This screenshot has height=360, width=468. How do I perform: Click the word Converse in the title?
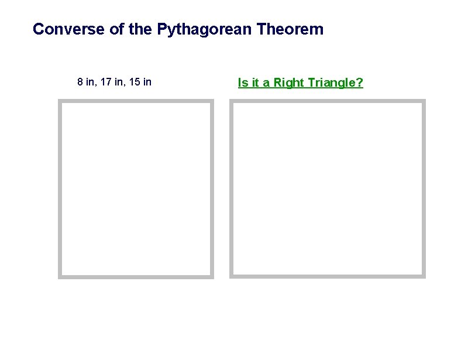coord(69,29)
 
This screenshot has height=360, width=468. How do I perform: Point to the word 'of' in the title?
coord(116,29)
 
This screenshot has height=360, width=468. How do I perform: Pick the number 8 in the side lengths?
coord(80,82)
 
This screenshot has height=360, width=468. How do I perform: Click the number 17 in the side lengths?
coord(105,82)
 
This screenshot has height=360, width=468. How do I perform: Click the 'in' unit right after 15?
coord(147,82)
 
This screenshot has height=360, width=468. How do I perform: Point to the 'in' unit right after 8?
coord(90,82)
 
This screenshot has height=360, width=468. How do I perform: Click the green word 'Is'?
coord(242,83)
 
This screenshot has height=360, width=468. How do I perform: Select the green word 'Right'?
coord(287,83)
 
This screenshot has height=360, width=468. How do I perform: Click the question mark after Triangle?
coord(359,83)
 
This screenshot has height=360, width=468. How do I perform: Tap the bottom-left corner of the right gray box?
coord(231,276)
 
